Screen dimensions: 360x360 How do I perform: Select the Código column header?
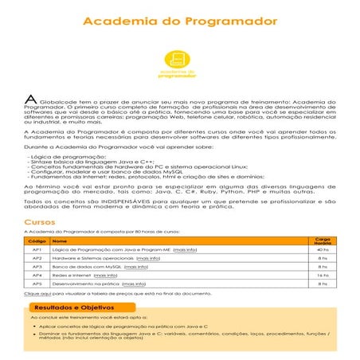pyautogui.click(x=37, y=241)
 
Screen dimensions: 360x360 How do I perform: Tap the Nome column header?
pyautogui.click(x=60, y=241)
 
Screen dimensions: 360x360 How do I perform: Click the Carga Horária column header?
pyautogui.click(x=323, y=240)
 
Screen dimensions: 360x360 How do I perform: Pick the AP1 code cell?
pyautogui.click(x=37, y=250)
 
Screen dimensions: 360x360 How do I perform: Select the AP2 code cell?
pyautogui.click(x=37, y=259)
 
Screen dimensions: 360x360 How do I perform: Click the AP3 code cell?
pyautogui.click(x=37, y=267)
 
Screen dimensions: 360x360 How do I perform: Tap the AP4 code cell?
pyautogui.click(x=37, y=275)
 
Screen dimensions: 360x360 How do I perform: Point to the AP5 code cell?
pyautogui.click(x=37, y=284)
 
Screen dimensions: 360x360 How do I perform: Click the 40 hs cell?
pyautogui.click(x=323, y=250)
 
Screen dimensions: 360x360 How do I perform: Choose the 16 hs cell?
pyautogui.click(x=323, y=275)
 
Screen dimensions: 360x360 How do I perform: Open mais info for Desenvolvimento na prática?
pyautogui.click(x=134, y=284)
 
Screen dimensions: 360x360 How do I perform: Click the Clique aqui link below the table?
pyautogui.click(x=34, y=293)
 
